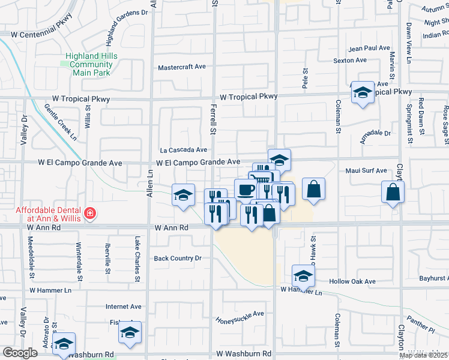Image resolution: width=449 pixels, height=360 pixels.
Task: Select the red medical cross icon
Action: [89, 213]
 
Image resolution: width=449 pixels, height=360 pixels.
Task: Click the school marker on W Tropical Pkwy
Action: [362, 93]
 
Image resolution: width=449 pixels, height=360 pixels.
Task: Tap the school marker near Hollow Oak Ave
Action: [303, 277]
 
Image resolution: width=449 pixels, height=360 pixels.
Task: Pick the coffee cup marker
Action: [246, 190]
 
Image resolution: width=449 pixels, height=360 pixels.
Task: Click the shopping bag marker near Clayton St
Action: [393, 192]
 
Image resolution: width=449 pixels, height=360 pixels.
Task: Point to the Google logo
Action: [20, 353]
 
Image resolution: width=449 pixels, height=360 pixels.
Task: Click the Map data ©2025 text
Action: [423, 355]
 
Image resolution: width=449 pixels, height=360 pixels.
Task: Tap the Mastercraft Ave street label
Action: [182, 67]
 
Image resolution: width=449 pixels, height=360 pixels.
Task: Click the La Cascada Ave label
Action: [183, 150]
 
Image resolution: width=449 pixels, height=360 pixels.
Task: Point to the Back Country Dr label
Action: [177, 259]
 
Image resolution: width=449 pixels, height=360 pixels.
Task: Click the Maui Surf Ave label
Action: [366, 170]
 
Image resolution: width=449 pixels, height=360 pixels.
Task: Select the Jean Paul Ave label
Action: [370, 48]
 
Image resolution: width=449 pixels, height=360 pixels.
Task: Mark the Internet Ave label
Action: [123, 307]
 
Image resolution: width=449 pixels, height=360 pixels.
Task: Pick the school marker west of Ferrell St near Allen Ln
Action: [183, 195]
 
